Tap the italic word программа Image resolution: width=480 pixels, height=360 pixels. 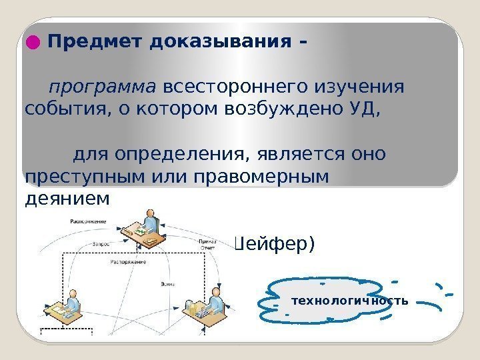coord(103,88)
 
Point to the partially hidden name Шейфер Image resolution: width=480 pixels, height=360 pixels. coord(272,245)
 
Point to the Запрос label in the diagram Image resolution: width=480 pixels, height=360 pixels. coord(101,243)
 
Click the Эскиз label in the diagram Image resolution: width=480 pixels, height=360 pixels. coord(168,285)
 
